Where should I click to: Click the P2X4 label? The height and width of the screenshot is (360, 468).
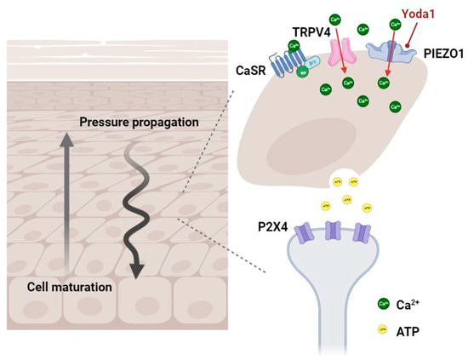tap(271, 228)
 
